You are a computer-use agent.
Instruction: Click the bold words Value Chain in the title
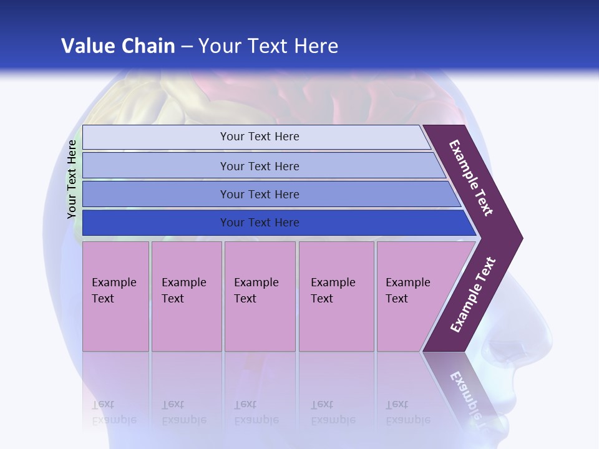118,46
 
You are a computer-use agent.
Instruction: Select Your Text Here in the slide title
268,46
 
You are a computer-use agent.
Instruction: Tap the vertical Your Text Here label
72,179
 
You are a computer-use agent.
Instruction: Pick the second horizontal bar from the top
260,166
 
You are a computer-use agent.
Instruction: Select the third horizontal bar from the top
260,195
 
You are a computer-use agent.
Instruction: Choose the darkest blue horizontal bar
260,223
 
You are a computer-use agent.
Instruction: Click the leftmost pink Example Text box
115,296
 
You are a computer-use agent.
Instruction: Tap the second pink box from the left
186,296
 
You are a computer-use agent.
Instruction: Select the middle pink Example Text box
260,296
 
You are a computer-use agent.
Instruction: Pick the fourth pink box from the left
336,296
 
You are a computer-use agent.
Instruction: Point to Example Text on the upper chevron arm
472,178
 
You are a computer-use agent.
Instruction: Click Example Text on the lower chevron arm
473,294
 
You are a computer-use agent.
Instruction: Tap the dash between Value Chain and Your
187,47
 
